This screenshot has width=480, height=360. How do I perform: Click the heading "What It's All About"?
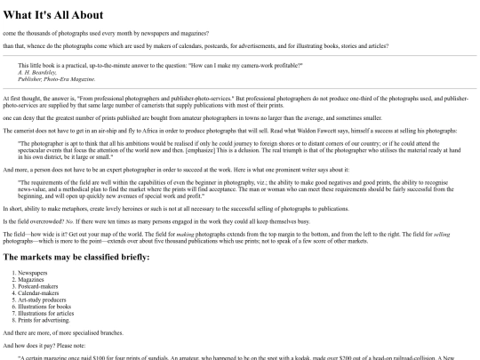(53, 15)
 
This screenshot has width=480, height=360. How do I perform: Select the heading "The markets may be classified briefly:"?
(76, 257)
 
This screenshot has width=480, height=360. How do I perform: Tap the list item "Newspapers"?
(35, 273)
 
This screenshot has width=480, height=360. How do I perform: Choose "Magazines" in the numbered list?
(35, 279)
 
